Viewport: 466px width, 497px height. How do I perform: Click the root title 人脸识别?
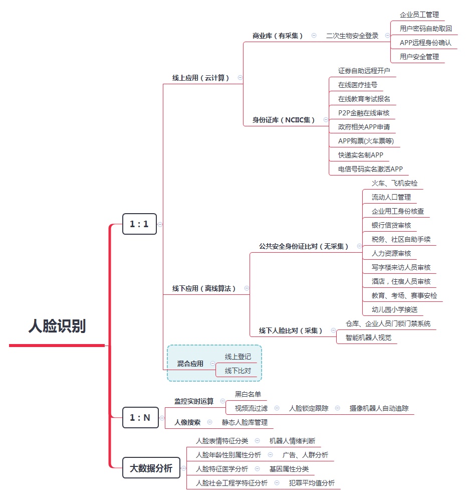point(57,326)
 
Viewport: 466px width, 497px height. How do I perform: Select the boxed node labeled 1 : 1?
point(139,224)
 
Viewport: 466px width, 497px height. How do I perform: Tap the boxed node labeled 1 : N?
point(139,417)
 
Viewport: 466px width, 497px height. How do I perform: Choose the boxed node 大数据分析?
point(151,468)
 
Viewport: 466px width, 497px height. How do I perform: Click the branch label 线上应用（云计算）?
point(201,78)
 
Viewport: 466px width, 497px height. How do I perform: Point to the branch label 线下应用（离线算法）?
point(204,288)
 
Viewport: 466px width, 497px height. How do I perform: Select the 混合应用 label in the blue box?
point(190,364)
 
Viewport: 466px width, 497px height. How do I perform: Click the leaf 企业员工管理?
point(419,15)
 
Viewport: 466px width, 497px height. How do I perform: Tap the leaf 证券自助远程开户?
point(364,71)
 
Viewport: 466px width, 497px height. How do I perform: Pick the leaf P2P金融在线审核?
point(364,113)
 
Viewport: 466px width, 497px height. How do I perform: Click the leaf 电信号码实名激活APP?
point(370,169)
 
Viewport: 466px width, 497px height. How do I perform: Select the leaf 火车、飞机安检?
point(394,183)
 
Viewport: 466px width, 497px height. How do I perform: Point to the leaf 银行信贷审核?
point(391,225)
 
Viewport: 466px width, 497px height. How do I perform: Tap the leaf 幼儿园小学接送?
point(394,309)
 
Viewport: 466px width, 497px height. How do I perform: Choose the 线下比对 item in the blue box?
point(238,371)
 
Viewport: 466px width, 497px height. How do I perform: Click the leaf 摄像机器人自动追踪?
point(379,408)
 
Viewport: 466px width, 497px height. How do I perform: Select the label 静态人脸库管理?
point(245,422)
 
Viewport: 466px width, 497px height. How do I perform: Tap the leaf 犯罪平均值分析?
point(312,483)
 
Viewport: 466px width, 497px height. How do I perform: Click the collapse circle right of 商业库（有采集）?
point(314,36)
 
